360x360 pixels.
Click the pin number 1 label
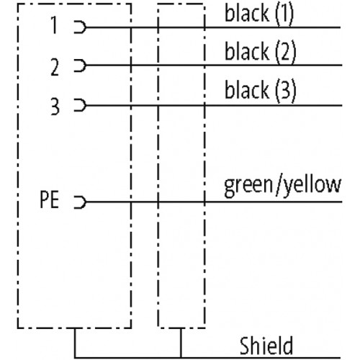pyautogui.click(x=54, y=25)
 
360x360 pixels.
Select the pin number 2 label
pyautogui.click(x=55, y=67)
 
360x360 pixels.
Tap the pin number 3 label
pyautogui.click(x=55, y=107)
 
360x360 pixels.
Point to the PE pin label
pyautogui.click(x=49, y=199)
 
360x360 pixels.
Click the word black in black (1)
pyautogui.click(x=247, y=13)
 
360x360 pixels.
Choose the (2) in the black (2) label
pyautogui.click(x=286, y=53)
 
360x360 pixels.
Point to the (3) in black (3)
pyautogui.click(x=286, y=91)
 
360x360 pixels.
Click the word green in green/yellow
pyautogui.click(x=248, y=186)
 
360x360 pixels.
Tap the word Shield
pyautogui.click(x=266, y=346)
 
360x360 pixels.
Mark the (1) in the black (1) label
pyautogui.click(x=284, y=14)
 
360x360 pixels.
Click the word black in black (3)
pyautogui.click(x=247, y=90)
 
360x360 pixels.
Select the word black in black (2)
pyautogui.click(x=247, y=51)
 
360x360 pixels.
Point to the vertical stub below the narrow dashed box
pyautogui.click(x=181, y=343)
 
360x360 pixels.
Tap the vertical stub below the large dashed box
pyautogui.click(x=75, y=343)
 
